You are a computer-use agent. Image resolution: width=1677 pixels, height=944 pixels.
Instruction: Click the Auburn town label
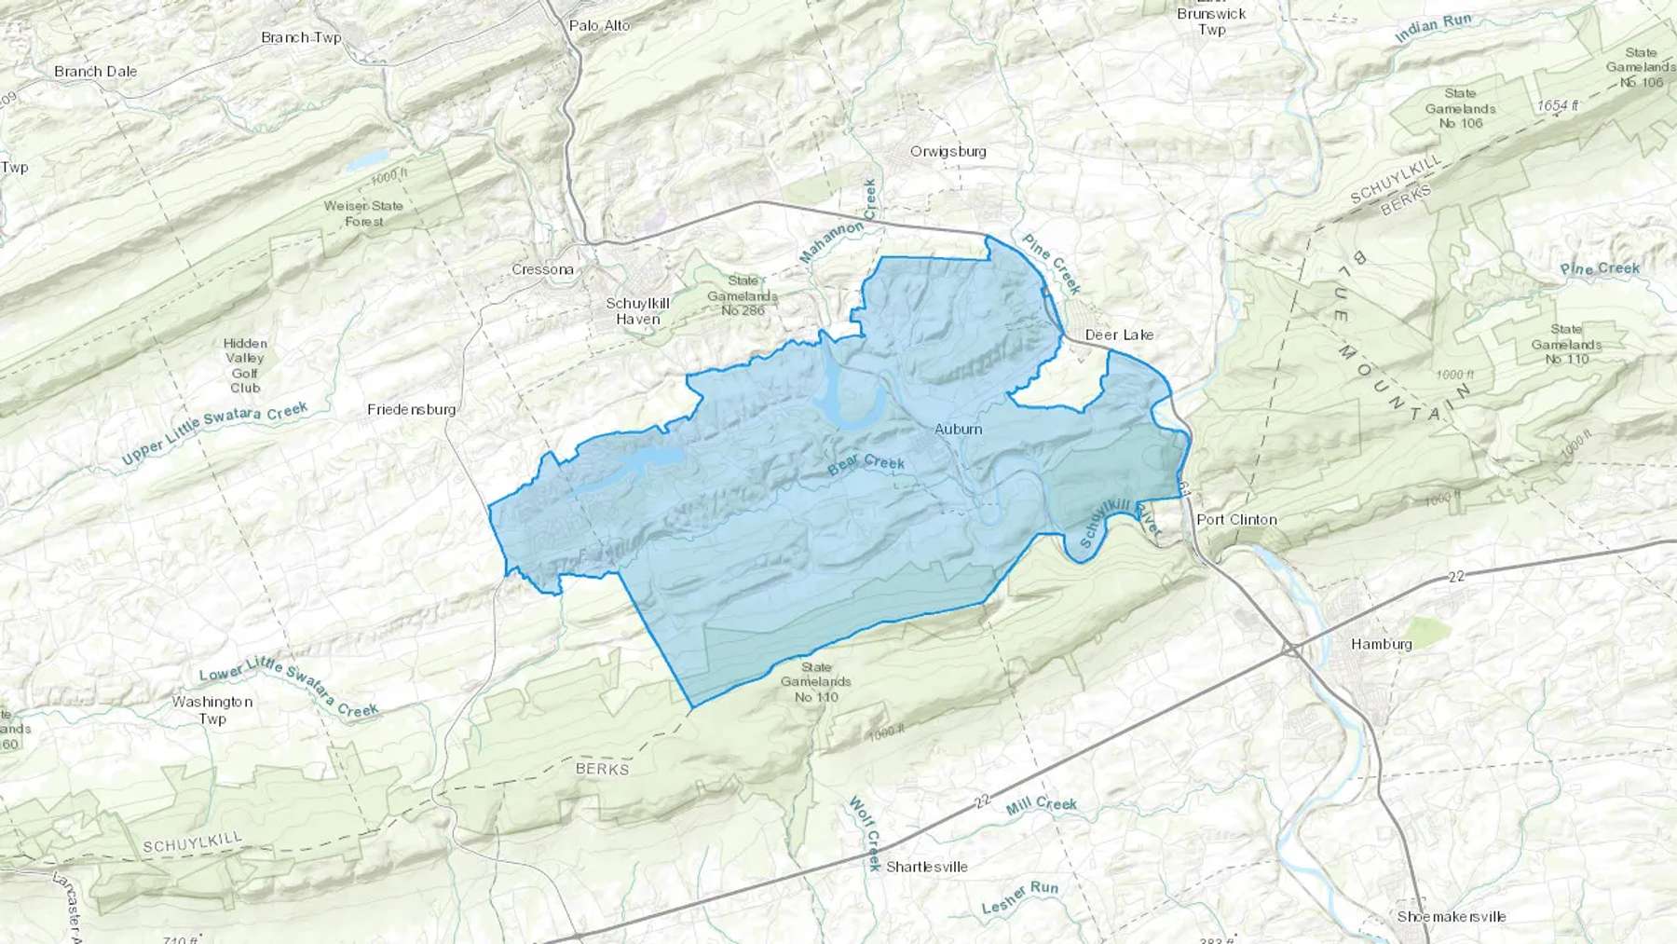pyautogui.click(x=958, y=429)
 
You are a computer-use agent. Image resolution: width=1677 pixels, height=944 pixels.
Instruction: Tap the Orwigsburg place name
pyautogui.click(x=948, y=151)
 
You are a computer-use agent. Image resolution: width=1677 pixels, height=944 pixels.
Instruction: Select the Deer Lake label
pyautogui.click(x=1119, y=335)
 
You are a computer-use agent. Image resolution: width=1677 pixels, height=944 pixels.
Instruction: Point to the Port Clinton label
pyautogui.click(x=1236, y=519)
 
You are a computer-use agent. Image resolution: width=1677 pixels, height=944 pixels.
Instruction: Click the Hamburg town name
pyautogui.click(x=1381, y=644)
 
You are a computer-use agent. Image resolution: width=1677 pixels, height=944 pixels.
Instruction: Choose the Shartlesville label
pyautogui.click(x=926, y=867)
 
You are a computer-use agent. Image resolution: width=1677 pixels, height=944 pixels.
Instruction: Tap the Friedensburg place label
pyautogui.click(x=411, y=409)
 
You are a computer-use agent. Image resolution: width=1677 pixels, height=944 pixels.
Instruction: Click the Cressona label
pyautogui.click(x=542, y=269)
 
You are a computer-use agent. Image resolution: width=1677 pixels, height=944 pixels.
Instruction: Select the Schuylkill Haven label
pyautogui.click(x=637, y=311)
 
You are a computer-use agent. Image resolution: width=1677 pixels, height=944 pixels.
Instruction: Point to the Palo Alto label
pyautogui.click(x=599, y=25)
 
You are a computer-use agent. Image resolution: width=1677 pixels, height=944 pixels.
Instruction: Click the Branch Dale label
pyautogui.click(x=95, y=71)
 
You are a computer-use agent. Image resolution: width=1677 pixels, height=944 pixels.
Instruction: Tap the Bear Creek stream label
pyautogui.click(x=866, y=463)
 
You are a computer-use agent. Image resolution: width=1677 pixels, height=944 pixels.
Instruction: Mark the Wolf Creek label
pyautogui.click(x=865, y=833)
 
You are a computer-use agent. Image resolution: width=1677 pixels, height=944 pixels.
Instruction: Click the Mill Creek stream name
pyautogui.click(x=1041, y=806)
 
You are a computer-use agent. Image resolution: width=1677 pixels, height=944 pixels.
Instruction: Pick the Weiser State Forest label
pyautogui.click(x=363, y=213)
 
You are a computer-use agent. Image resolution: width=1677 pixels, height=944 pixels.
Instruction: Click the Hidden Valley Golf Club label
pyautogui.click(x=245, y=365)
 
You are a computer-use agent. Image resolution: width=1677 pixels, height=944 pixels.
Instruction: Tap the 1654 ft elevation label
pyautogui.click(x=1558, y=105)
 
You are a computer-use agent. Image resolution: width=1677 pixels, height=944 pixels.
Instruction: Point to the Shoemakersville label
pyautogui.click(x=1451, y=916)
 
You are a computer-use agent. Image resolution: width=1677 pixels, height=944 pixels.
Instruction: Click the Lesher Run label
pyautogui.click(x=1019, y=897)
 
